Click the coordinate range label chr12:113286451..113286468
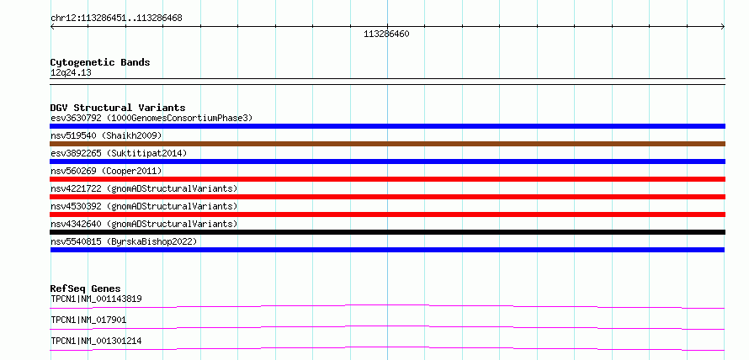click(116, 19)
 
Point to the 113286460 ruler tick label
click(386, 34)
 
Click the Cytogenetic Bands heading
click(100, 62)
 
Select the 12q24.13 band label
click(71, 73)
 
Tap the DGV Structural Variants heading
click(118, 108)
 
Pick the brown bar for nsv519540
click(387, 144)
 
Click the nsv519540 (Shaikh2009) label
click(106, 135)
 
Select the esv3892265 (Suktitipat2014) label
click(119, 153)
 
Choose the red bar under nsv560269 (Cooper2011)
click(387, 179)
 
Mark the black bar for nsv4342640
click(387, 232)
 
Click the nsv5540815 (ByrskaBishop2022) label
click(124, 241)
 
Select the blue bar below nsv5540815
click(387, 250)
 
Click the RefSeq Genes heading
click(86, 289)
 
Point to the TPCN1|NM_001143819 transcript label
click(96, 299)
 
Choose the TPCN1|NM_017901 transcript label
click(88, 320)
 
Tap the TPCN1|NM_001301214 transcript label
click(96, 341)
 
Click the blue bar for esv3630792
click(387, 126)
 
